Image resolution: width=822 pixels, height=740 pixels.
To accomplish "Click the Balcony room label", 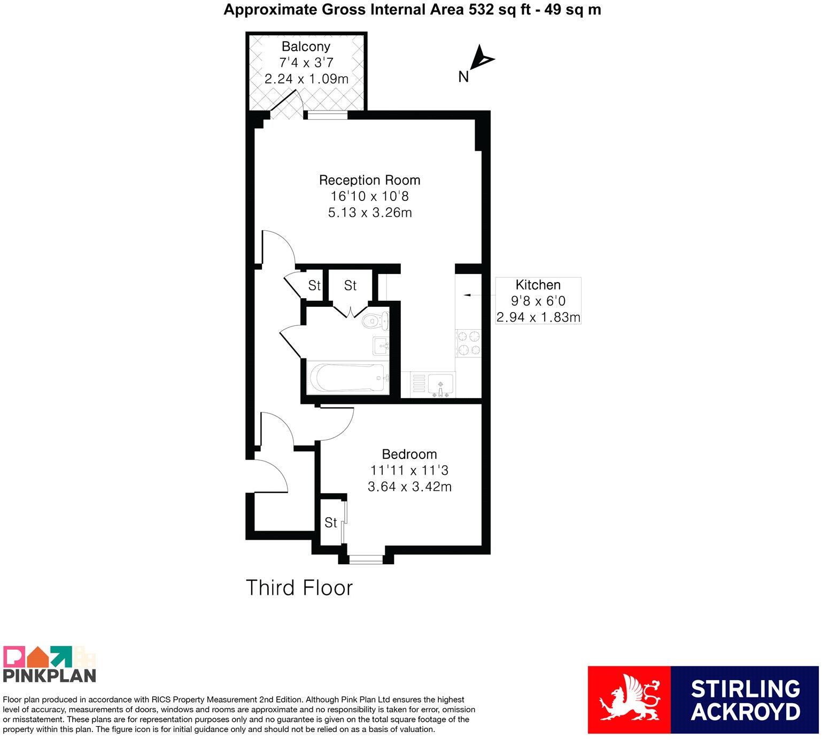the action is point(306,46).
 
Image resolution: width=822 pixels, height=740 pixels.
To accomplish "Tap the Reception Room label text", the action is point(370,180).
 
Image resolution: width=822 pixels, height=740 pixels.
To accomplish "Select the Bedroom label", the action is point(409,454).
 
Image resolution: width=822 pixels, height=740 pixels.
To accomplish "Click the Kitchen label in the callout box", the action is point(538,285).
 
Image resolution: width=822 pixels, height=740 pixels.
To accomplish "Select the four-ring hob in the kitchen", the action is point(468,344).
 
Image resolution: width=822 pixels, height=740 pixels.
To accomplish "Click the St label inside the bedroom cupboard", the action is point(331,522).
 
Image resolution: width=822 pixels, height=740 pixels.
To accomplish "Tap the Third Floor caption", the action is point(299,588).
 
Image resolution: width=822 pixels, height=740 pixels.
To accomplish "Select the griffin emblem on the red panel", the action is point(629,700).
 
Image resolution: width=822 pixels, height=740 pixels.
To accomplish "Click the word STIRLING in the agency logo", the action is point(746,689).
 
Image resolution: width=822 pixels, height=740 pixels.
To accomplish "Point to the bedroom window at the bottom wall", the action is point(366,559).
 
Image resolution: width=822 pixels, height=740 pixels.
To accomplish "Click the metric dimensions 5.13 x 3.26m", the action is point(370,213).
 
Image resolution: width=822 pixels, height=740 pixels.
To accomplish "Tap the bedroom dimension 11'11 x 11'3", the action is point(409,470).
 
